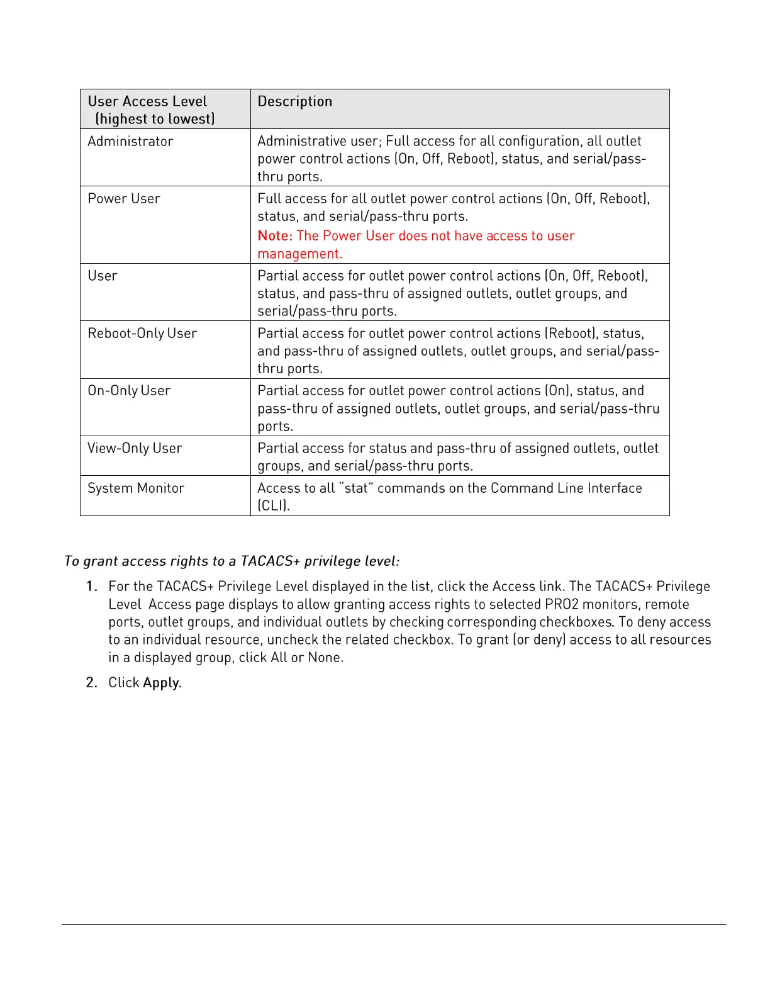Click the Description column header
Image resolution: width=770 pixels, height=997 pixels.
294,101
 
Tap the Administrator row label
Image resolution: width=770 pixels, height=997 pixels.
130,142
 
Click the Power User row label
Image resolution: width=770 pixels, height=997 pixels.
124,199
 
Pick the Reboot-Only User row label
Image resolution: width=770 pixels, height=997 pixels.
142,334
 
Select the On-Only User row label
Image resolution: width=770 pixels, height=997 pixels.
129,391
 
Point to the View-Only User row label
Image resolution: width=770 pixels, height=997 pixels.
135,448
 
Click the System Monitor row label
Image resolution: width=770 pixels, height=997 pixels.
136,488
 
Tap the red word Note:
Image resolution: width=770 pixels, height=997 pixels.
275,236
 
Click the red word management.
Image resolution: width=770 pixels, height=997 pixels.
300,254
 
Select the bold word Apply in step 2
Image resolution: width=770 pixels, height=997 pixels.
161,683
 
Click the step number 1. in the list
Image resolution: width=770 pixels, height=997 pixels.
92,587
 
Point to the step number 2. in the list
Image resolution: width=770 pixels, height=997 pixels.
92,683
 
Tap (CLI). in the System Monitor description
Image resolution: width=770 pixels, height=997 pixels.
274,506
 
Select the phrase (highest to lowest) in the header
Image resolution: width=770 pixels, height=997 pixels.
155,119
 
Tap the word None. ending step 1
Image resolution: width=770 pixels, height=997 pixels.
325,658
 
